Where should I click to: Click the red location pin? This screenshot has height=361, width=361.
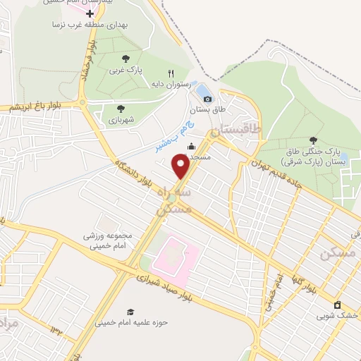click(x=180, y=166)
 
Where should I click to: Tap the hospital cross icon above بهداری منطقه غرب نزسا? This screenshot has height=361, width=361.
click(x=90, y=13)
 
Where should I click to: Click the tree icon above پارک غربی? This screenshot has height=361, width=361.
click(x=126, y=59)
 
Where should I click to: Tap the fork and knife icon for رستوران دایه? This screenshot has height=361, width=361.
click(x=171, y=73)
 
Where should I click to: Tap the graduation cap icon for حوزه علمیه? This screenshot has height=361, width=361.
click(x=129, y=312)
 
